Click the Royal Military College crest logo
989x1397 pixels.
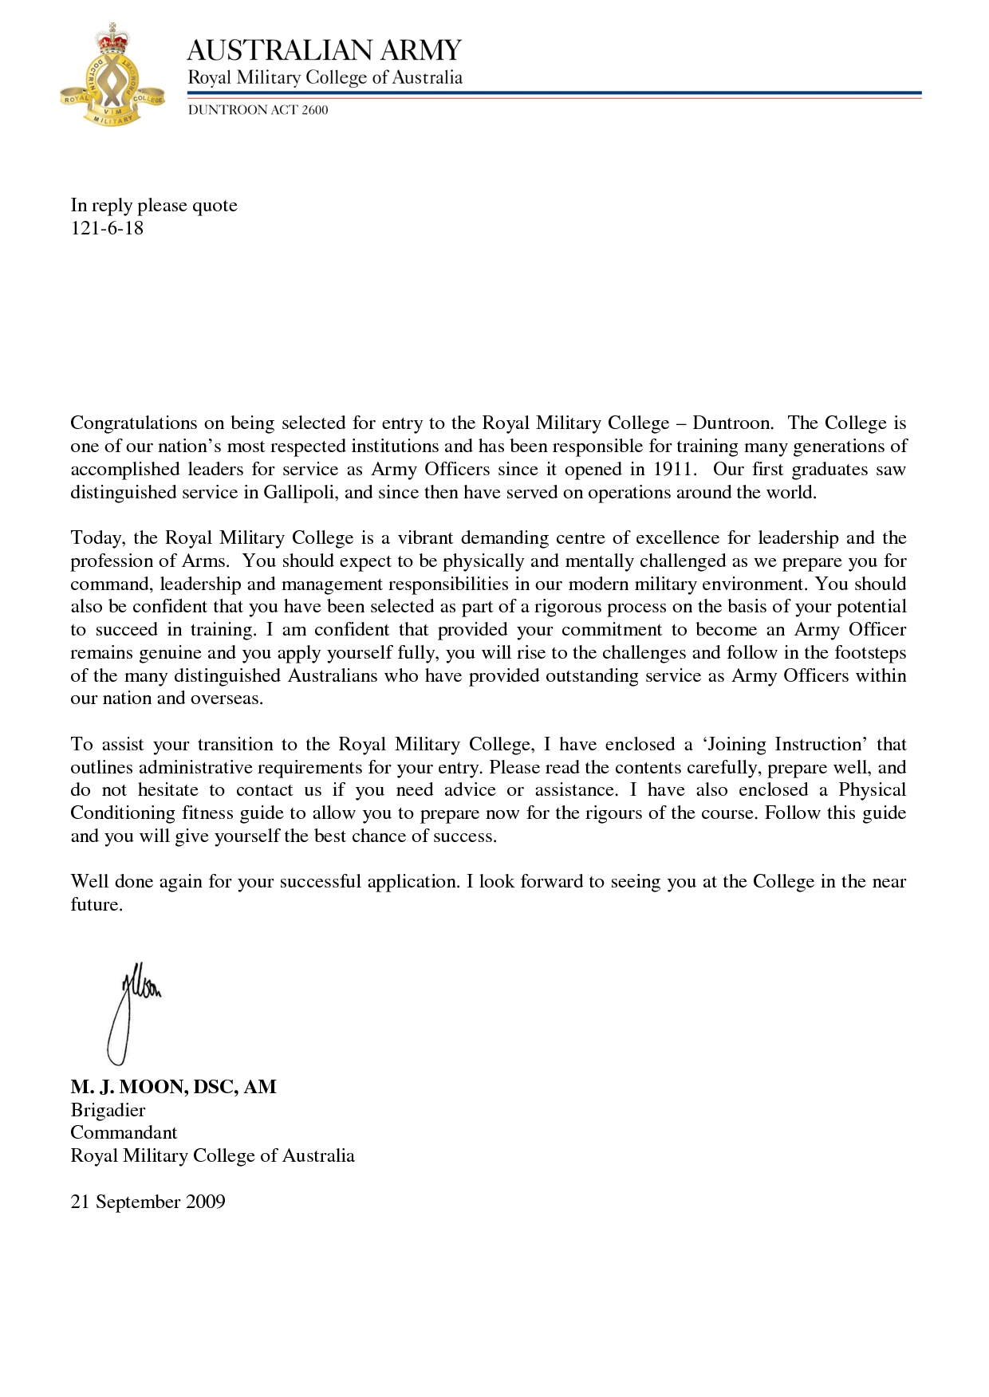(112, 77)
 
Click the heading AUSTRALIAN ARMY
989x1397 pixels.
(324, 50)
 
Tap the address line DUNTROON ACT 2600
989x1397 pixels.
(258, 110)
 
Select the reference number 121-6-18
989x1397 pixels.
(107, 228)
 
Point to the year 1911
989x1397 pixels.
(672, 469)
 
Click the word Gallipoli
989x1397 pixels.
(300, 492)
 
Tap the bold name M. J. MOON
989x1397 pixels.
(128, 1087)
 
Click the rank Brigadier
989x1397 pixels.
(108, 1110)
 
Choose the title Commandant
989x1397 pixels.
(124, 1133)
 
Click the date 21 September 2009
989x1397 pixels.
(148, 1202)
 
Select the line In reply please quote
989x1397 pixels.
(154, 206)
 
